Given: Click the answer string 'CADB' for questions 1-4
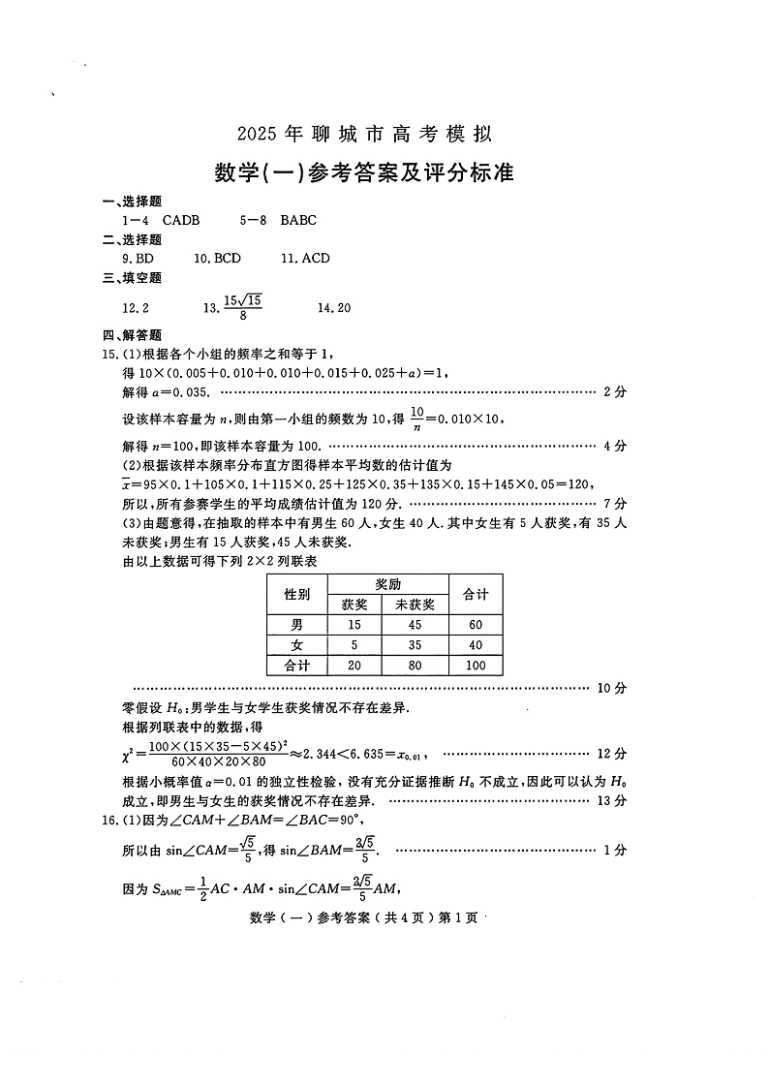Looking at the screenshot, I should pyautogui.click(x=181, y=221).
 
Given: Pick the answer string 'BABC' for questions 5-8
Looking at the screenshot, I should pyautogui.click(x=298, y=221).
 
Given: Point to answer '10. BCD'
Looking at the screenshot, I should pyautogui.click(x=217, y=259).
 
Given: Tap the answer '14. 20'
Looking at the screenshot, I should pyautogui.click(x=334, y=308).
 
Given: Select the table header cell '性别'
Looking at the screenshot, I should pyautogui.click(x=296, y=594).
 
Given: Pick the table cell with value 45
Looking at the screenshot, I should pyautogui.click(x=415, y=625).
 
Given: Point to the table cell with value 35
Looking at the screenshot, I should pyautogui.click(x=415, y=645).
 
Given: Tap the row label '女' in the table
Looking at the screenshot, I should pyautogui.click(x=296, y=645).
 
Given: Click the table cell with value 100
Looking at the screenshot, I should pyautogui.click(x=476, y=666).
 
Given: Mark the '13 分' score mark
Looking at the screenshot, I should pyautogui.click(x=614, y=800).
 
